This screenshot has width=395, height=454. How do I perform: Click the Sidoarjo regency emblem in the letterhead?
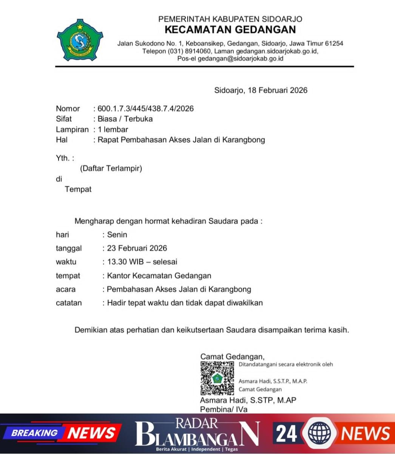tap(80, 40)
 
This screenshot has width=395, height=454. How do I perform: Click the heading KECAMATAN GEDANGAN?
tap(230, 30)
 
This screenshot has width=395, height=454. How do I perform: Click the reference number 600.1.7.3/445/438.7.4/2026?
tap(145, 109)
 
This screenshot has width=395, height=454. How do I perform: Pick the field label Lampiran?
tap(72, 129)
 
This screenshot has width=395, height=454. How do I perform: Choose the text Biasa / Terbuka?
tap(125, 119)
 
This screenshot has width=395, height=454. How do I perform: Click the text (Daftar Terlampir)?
tap(111, 168)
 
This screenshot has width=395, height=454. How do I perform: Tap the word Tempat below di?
tap(78, 189)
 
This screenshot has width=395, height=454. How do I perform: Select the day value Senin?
tap(117, 235)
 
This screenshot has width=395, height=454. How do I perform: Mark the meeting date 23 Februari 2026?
tap(137, 248)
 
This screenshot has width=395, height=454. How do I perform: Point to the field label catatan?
tap(68, 303)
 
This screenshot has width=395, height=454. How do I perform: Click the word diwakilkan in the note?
tap(245, 303)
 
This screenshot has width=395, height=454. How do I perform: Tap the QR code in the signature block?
tap(217, 378)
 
